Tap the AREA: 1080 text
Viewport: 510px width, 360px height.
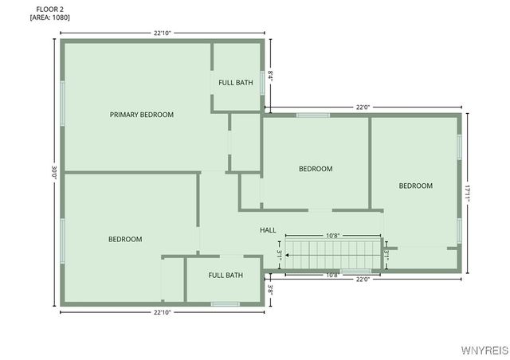coord(49,18)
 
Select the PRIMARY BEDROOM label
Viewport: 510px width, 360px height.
coord(141,115)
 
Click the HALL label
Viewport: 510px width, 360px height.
coord(268,230)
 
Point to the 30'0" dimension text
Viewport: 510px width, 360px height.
coord(54,172)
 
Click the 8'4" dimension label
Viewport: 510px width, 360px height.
coord(271,76)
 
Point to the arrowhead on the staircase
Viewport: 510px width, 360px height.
coord(288,256)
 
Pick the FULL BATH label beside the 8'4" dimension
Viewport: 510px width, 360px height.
coord(236,82)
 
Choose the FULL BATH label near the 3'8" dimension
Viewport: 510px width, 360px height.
coord(226,276)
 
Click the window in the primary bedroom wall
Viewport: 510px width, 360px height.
coord(62,104)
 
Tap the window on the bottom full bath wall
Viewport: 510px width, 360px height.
coord(225,303)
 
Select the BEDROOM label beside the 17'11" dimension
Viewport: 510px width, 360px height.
coord(415,186)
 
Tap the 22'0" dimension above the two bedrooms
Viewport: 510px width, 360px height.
coord(363,108)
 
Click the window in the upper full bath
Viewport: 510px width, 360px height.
coord(262,82)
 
